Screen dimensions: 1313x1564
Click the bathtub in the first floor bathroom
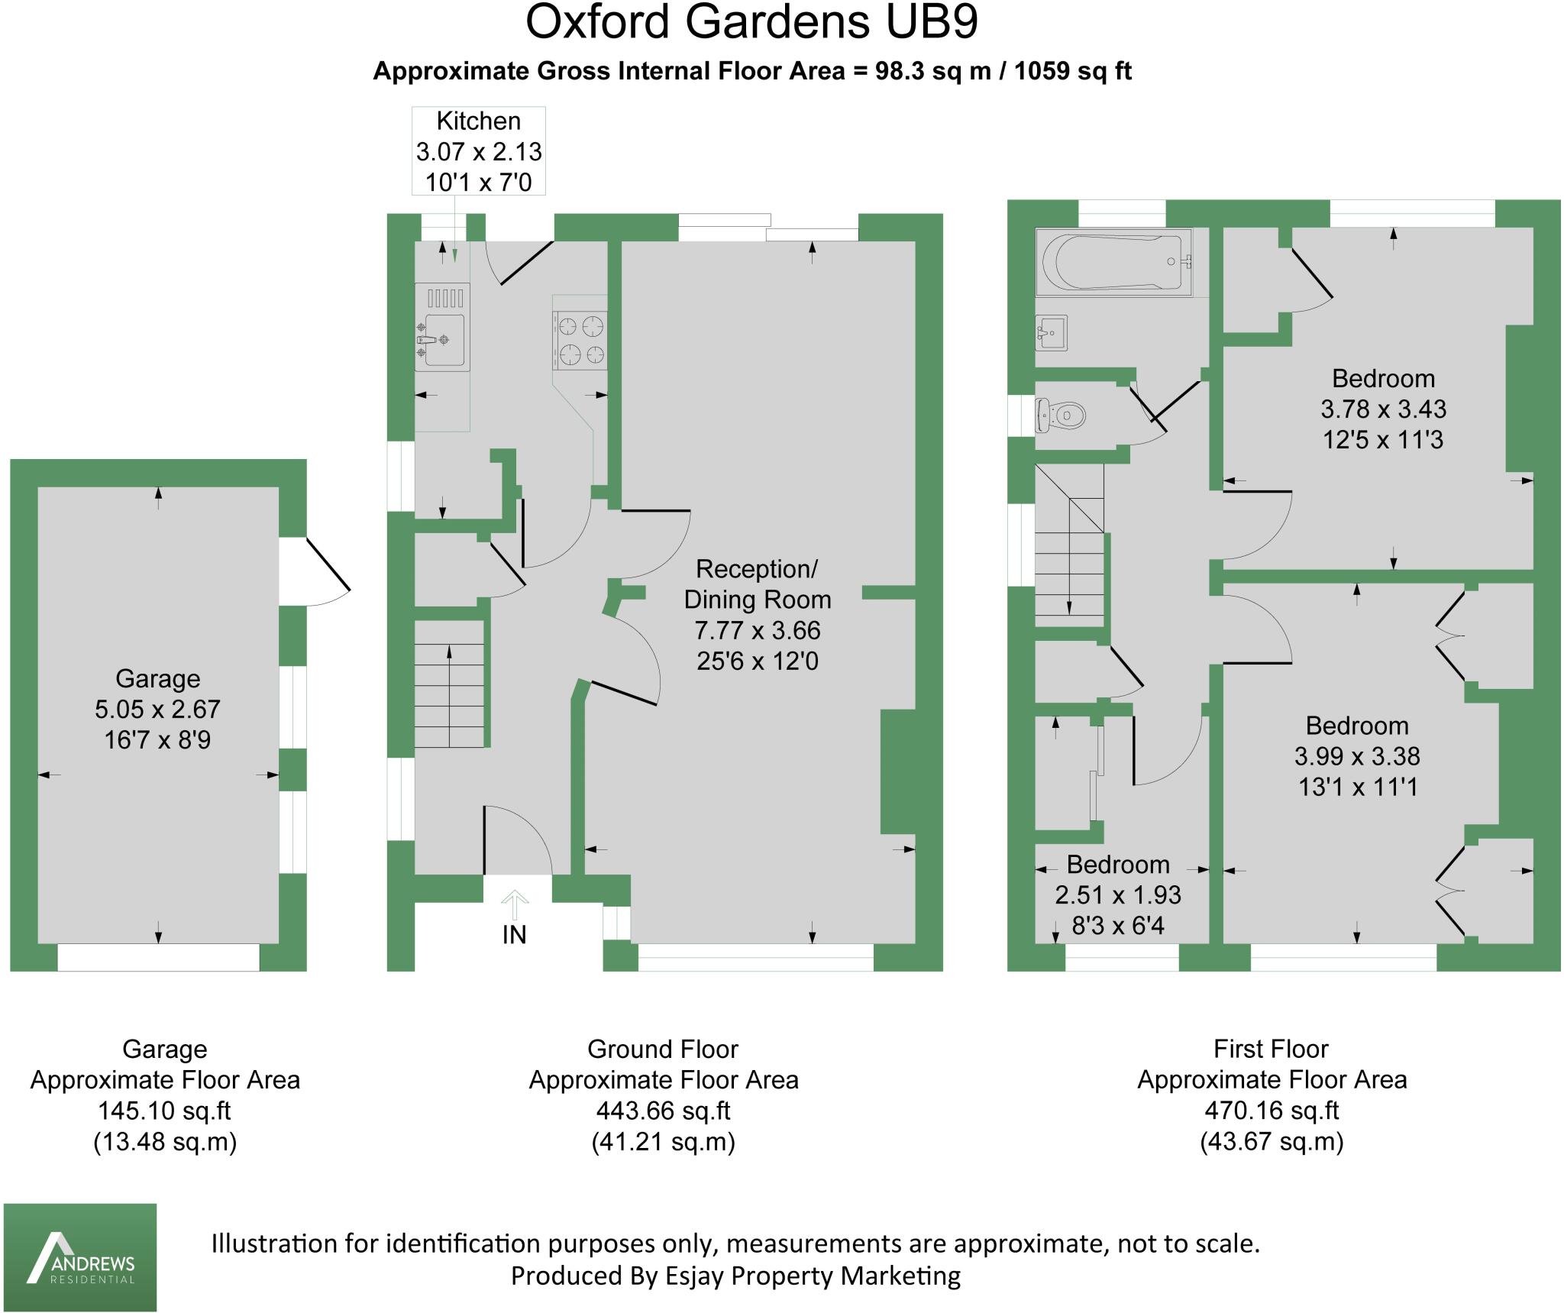1113,263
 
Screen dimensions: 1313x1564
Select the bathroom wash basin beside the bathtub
1051,332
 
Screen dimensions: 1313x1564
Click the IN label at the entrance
514,934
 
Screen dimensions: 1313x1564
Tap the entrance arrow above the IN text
515,904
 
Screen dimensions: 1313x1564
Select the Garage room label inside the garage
158,678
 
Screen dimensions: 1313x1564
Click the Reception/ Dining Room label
757,584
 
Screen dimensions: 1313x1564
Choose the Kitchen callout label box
479,151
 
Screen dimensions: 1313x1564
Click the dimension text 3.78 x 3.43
1383,409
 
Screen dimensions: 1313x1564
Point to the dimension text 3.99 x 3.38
1357,756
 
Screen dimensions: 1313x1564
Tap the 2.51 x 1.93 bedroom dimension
1118,894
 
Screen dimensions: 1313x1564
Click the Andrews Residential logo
80,1257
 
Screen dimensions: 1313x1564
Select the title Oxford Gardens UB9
751,23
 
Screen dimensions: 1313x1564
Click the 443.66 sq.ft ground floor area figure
663,1111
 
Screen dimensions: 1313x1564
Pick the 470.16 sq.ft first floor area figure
1272,1111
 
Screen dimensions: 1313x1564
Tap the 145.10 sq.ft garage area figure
164,1111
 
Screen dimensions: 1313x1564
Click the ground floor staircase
450,685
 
